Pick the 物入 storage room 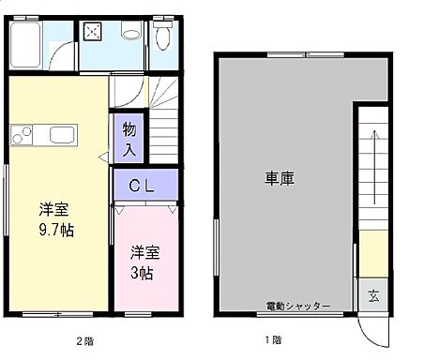129,139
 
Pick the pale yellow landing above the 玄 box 371,253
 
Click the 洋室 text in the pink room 144,252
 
